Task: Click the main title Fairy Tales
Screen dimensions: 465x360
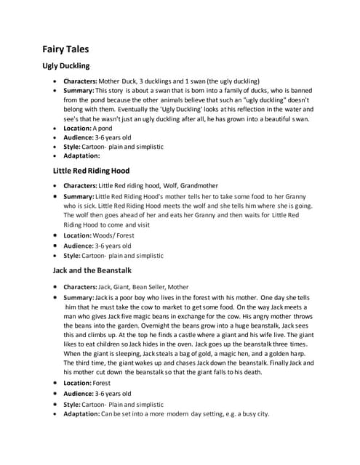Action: [65, 49]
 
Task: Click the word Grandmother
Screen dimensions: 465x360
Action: [196, 185]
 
